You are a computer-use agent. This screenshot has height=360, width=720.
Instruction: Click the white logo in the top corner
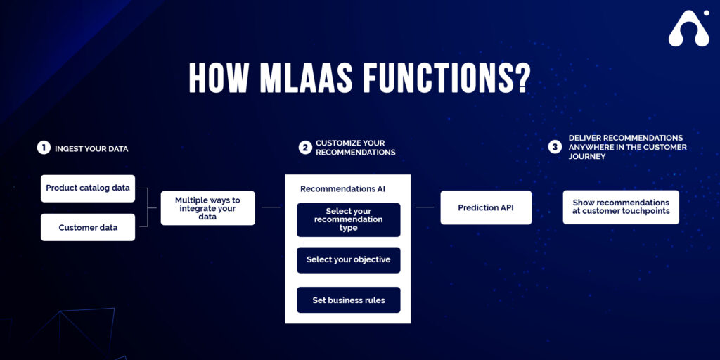tap(689, 30)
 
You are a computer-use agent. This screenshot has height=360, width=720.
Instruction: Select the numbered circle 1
tap(44, 148)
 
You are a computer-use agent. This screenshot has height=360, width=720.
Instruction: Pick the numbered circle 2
tap(305, 148)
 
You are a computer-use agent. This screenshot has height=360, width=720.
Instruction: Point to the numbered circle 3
tap(555, 148)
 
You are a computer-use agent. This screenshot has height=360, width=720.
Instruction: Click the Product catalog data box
tap(88, 188)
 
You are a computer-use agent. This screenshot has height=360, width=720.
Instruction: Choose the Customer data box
tap(88, 228)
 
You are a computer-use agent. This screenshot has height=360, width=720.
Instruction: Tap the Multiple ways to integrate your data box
tap(207, 208)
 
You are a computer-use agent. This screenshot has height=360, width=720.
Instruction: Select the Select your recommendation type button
tap(349, 220)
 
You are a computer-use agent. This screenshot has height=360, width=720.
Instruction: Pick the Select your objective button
tap(349, 260)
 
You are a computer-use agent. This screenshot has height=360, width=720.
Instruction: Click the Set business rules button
tap(349, 300)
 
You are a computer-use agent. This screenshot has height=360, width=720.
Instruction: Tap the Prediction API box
tap(486, 208)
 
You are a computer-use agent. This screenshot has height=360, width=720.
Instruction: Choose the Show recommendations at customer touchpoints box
tap(621, 207)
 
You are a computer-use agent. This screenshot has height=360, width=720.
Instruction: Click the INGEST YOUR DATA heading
tap(91, 149)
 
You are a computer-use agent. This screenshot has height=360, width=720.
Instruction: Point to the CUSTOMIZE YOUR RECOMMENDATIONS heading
tap(355, 148)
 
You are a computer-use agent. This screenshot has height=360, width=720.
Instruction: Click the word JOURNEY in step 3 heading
tap(587, 157)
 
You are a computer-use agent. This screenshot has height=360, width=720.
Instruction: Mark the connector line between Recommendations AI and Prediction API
tap(425, 207)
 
